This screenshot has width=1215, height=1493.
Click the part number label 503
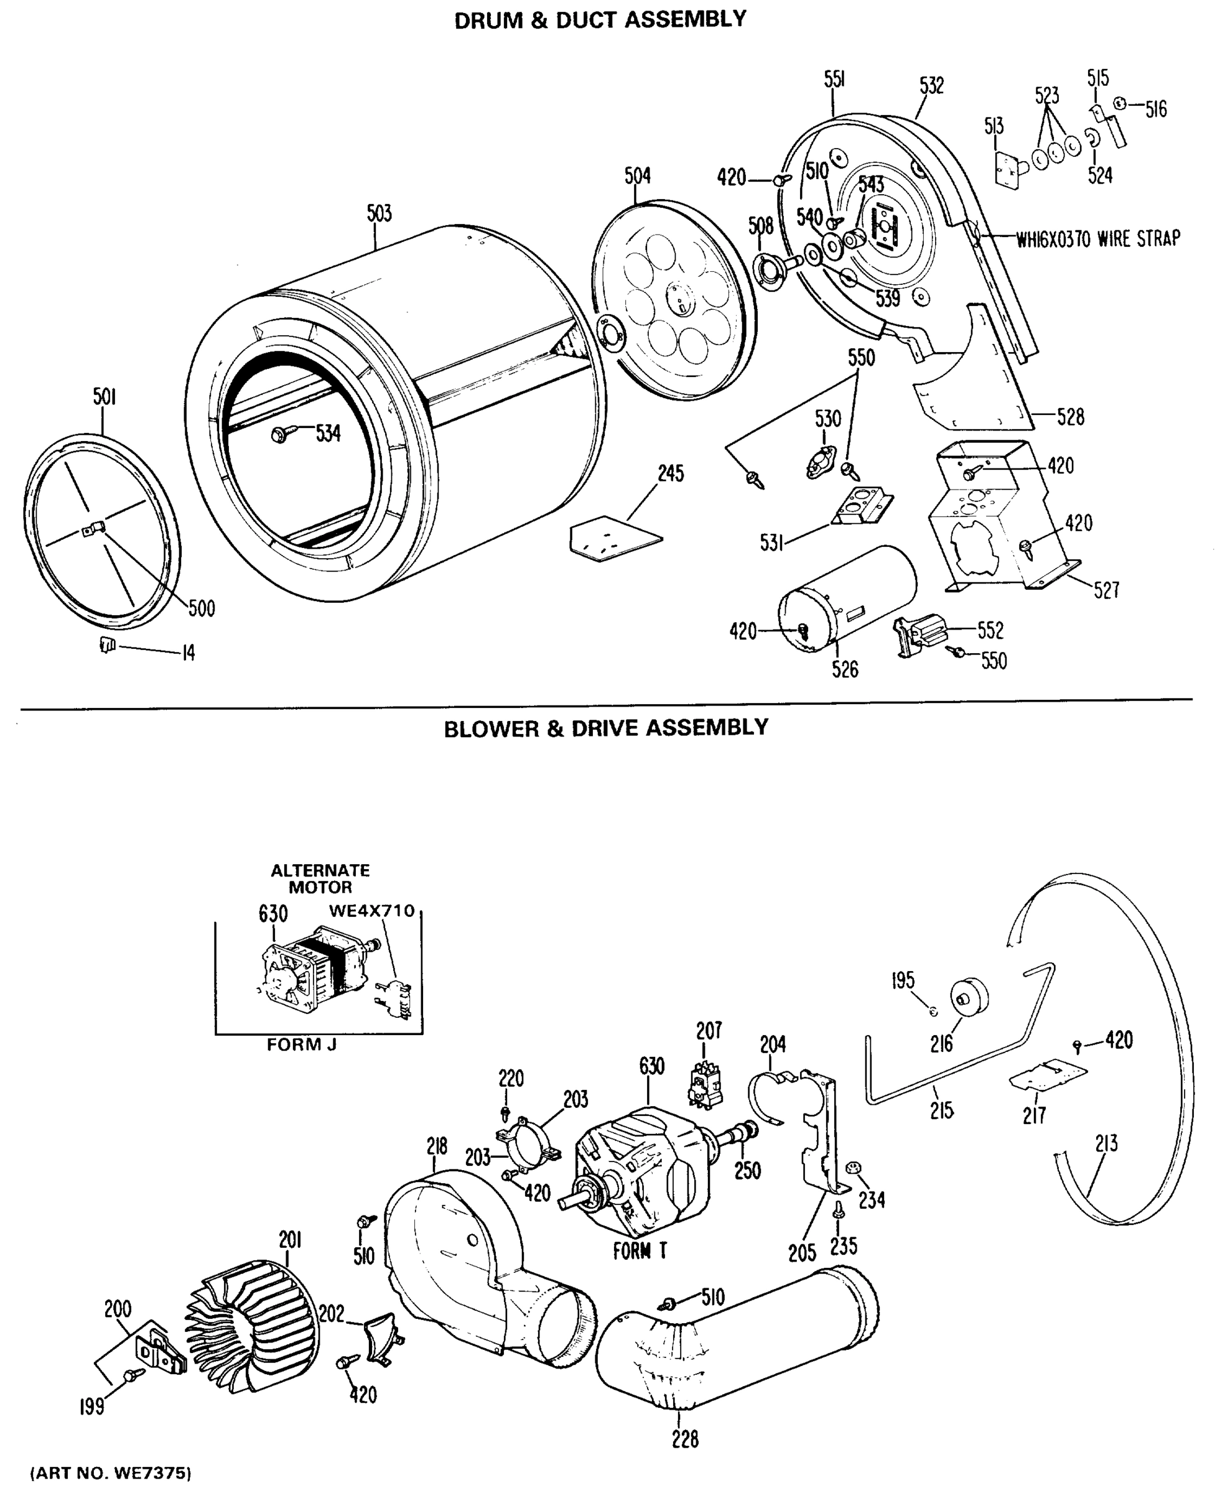379,213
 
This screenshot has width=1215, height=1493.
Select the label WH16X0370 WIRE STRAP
1097,240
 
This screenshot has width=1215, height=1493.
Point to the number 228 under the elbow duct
684,1439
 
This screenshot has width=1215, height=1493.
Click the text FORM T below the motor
640,1251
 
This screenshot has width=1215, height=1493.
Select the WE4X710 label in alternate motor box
371,911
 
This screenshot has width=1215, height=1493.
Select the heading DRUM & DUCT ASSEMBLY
600,20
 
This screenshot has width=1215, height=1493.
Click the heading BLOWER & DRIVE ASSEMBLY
606,728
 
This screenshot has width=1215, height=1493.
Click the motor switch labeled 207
706,1086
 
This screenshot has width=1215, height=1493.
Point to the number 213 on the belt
1107,1144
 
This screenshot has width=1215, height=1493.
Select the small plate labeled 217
1048,1075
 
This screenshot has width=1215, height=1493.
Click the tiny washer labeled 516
1120,104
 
